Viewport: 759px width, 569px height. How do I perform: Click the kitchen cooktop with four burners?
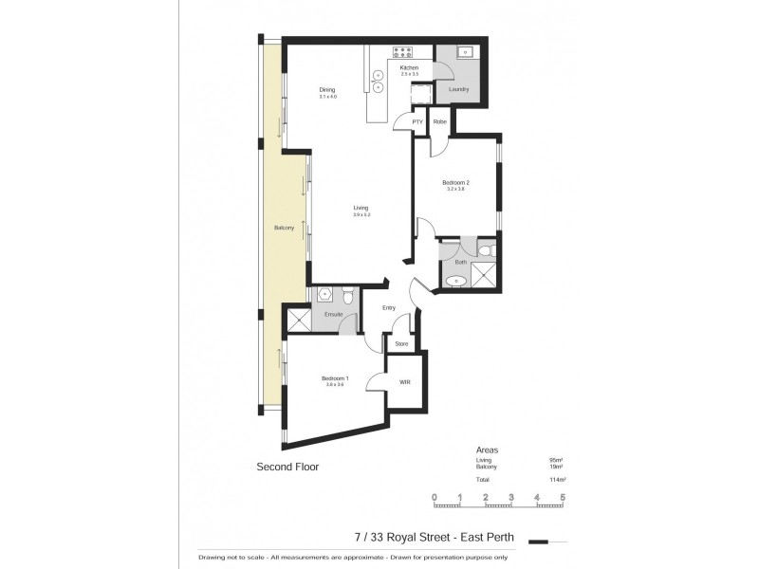pyautogui.click(x=402, y=52)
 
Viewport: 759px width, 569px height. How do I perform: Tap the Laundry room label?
pyautogui.click(x=459, y=90)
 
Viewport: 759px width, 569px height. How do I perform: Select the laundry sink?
pyautogui.click(x=466, y=52)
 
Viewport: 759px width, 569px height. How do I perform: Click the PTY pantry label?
pyautogui.click(x=417, y=122)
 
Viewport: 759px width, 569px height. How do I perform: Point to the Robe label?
pyautogui.click(x=440, y=122)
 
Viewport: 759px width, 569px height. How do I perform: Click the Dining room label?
pyautogui.click(x=327, y=90)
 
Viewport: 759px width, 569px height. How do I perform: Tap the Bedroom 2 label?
pyautogui.click(x=456, y=182)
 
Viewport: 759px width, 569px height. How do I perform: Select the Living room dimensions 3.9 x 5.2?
pyautogui.click(x=361, y=216)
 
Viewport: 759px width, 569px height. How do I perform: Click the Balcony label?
pyautogui.click(x=284, y=229)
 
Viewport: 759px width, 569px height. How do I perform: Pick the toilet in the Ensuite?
pyautogui.click(x=349, y=298)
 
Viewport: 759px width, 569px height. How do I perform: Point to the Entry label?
pyautogui.click(x=389, y=307)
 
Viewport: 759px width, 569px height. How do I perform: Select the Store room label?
pyautogui.click(x=401, y=343)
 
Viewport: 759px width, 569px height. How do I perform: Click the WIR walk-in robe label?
pyautogui.click(x=404, y=382)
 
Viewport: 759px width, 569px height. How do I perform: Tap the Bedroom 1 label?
pyautogui.click(x=334, y=378)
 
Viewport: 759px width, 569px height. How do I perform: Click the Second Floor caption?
pyautogui.click(x=287, y=467)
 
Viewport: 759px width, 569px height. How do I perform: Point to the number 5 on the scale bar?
pyautogui.click(x=563, y=497)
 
